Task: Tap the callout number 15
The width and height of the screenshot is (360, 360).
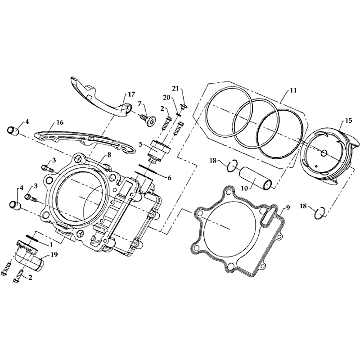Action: tap(348, 121)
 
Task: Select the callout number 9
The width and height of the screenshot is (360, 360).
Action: tap(288, 207)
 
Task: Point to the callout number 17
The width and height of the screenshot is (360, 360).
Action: tap(132, 94)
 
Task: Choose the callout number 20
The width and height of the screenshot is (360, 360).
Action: tap(166, 98)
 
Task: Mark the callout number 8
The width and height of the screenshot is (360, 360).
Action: tap(109, 155)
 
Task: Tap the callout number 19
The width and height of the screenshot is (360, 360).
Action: tap(54, 254)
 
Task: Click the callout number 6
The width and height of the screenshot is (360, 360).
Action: tap(170, 178)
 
